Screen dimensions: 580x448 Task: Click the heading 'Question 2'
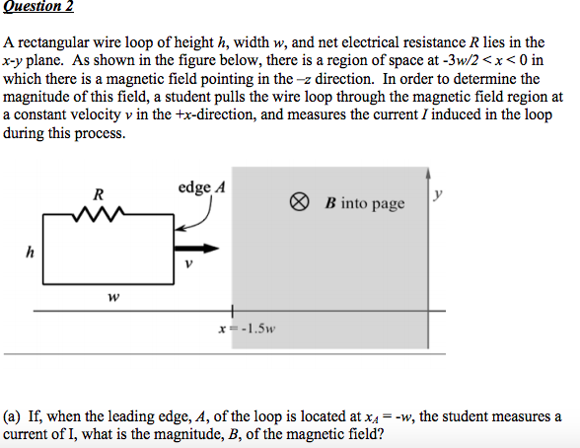click(38, 6)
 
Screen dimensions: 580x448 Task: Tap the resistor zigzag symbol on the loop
click(99, 214)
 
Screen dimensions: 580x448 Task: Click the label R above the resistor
click(99, 194)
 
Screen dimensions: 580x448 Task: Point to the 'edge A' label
click(201, 187)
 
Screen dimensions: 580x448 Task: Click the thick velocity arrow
click(196, 249)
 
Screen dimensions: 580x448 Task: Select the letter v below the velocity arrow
click(188, 263)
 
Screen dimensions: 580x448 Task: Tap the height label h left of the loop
click(30, 253)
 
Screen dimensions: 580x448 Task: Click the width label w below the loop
click(113, 297)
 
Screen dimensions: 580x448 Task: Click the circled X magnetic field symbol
click(299, 202)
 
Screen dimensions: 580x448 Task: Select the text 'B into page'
click(365, 203)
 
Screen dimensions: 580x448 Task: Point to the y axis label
click(438, 193)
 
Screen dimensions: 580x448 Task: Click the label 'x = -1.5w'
click(247, 329)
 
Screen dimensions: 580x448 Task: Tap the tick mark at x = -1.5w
click(233, 311)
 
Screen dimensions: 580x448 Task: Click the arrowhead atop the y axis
click(428, 173)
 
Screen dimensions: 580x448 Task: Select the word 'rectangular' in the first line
click(53, 42)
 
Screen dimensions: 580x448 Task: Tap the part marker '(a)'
click(12, 417)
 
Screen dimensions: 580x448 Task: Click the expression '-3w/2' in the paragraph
click(459, 60)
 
